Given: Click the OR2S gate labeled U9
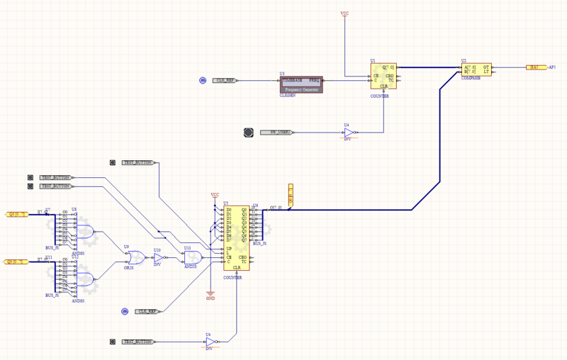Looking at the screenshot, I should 134,258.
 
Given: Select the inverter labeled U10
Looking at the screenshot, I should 158,259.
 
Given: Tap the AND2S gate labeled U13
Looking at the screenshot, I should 192,257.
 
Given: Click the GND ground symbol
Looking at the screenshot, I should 210,294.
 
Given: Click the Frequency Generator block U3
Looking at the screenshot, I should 302,84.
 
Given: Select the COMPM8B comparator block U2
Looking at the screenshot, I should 476,69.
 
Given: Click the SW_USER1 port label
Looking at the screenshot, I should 275,133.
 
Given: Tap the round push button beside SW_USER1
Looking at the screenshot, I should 248,133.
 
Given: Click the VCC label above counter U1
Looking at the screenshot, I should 344,13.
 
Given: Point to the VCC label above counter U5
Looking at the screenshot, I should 215,194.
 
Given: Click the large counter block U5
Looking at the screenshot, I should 237,237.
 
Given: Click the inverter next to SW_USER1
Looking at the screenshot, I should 349,133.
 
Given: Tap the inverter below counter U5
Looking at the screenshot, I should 210,342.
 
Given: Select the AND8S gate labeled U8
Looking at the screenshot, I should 84,230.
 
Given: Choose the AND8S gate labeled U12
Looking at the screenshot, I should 84,279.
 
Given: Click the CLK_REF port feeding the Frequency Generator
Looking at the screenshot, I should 225,81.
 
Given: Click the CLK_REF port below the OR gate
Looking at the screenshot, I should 147,311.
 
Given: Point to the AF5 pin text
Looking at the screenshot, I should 553,67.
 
